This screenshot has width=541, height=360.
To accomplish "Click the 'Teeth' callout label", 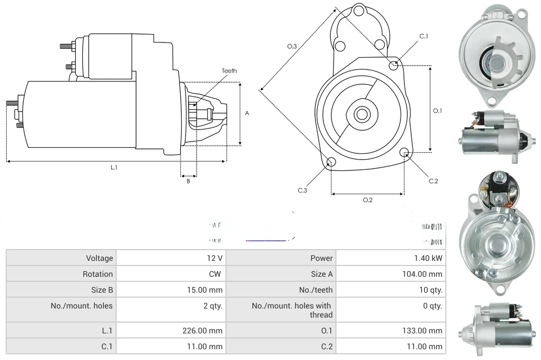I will click(229, 71).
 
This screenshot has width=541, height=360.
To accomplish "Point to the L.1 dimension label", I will click(114, 167).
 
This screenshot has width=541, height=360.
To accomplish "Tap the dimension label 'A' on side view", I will click(247, 113).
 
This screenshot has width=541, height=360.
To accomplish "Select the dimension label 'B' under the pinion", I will click(188, 181).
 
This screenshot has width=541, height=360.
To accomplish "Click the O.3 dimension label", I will click(292, 46).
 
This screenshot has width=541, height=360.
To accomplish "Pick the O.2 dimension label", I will click(367, 200).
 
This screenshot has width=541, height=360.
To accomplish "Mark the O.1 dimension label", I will click(437, 111).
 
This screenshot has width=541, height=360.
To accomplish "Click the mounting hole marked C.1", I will click(394, 66).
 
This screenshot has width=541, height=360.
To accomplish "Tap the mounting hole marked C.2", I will click(404, 152).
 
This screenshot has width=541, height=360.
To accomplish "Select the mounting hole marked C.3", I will click(331, 163).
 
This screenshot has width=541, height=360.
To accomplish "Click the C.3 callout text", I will click(303, 190).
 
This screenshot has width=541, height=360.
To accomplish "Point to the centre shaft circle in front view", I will click(361, 114).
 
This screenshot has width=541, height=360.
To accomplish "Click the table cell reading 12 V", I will click(215, 258).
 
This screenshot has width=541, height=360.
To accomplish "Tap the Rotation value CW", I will click(216, 274).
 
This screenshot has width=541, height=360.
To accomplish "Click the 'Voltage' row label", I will click(100, 258).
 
